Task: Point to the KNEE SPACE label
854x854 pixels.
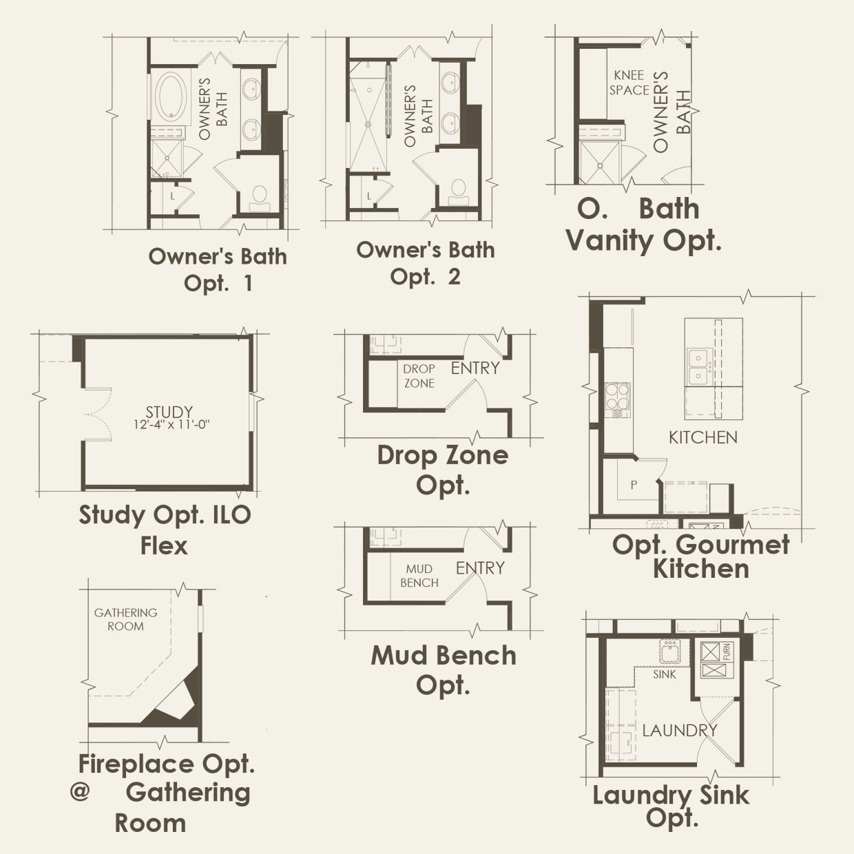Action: [629, 83]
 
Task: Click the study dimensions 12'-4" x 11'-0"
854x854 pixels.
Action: [171, 425]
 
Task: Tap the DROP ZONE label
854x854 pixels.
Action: [419, 376]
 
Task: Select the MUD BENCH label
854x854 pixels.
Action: [419, 576]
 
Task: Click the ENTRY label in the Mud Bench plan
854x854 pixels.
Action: [480, 568]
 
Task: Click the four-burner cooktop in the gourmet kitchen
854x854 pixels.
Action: [617, 397]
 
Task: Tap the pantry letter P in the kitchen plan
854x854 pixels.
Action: [634, 485]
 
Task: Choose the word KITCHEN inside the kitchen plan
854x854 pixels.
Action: [702, 437]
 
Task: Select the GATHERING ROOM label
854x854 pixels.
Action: [125, 619]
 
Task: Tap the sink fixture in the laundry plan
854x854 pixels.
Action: [670, 651]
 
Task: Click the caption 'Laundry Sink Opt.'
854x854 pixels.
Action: [671, 806]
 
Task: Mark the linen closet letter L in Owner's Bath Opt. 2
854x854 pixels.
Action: [369, 196]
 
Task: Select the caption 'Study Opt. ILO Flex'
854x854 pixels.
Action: [165, 530]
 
